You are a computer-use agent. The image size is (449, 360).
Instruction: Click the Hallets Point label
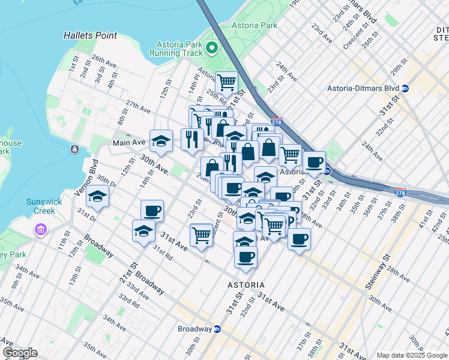[x=90, y=35]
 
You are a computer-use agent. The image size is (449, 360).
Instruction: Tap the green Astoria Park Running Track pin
[x=211, y=47]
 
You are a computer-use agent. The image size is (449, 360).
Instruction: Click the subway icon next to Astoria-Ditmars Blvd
[x=405, y=88]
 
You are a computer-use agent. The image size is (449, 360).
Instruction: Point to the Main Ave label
[x=129, y=143]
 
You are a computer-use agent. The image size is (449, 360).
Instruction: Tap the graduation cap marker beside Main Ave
[x=161, y=140]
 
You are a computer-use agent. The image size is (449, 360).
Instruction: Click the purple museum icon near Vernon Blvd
[x=41, y=230]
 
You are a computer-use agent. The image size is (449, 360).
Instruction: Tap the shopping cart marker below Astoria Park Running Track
[x=226, y=82]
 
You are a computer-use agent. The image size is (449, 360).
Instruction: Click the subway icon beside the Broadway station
[x=217, y=329]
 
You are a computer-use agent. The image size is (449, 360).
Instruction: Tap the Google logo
[x=19, y=353]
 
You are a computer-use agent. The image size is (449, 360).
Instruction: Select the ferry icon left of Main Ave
[x=74, y=149]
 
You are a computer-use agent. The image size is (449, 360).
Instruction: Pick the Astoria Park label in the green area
[x=258, y=25]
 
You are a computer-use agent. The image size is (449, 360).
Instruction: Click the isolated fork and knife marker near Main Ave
[x=192, y=139]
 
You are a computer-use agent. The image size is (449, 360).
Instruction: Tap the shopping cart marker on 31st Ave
[x=200, y=233]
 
